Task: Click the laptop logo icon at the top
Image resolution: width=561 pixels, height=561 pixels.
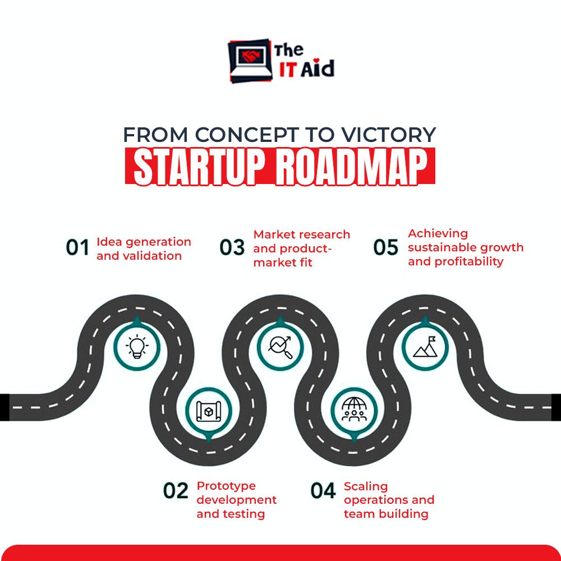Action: [250, 59]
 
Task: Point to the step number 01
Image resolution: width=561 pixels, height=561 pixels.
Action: [78, 248]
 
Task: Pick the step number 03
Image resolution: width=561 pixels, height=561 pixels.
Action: [232, 247]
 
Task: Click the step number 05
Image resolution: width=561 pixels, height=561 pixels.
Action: [386, 247]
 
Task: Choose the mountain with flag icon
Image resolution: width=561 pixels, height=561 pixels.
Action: [425, 347]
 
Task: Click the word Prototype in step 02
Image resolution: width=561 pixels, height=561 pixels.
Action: [226, 486]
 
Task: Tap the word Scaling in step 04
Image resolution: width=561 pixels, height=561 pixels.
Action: [366, 486]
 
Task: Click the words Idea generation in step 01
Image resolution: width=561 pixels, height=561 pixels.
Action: [144, 242]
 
